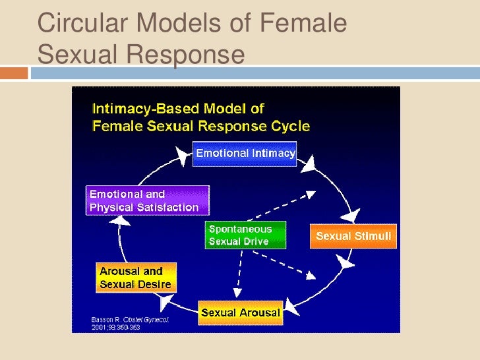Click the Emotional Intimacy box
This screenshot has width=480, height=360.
tap(245, 154)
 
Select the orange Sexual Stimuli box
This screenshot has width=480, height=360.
tap(353, 236)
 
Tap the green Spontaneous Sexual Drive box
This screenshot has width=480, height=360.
tap(245, 235)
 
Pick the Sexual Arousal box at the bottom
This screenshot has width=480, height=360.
tap(240, 312)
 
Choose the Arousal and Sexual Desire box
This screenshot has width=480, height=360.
tap(135, 278)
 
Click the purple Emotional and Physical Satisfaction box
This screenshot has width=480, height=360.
tap(147, 200)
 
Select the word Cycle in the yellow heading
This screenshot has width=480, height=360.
tap(289, 125)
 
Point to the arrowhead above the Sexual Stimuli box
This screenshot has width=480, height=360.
tap(351, 214)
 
